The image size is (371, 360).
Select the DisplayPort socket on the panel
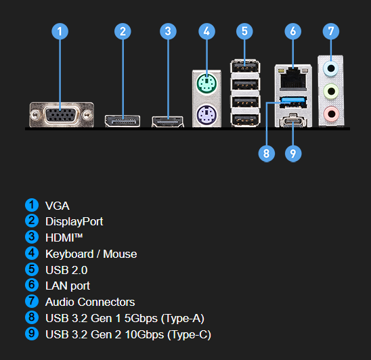pos(123,121)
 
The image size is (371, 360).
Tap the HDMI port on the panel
pos(168,122)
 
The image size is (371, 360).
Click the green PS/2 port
pos(206,84)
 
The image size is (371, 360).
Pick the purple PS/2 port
pos(206,115)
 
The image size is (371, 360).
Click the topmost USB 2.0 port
pos(245,66)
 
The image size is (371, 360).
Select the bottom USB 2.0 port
pos(245,120)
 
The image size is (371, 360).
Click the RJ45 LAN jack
pos(293,78)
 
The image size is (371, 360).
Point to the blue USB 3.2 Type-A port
pos(293,102)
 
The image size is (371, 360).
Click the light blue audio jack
pos(331,68)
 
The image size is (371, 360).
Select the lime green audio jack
pos(331,91)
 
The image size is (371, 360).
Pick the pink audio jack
pos(331,114)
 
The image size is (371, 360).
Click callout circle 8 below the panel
pos(267,154)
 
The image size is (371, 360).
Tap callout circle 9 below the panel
pos(293,154)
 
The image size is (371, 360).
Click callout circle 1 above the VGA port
pos(60,31)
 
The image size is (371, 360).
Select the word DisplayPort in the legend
pos(74,222)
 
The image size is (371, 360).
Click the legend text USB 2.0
pos(66,270)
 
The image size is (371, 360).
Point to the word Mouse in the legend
pos(120,254)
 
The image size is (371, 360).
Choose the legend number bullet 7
pos(32,301)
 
